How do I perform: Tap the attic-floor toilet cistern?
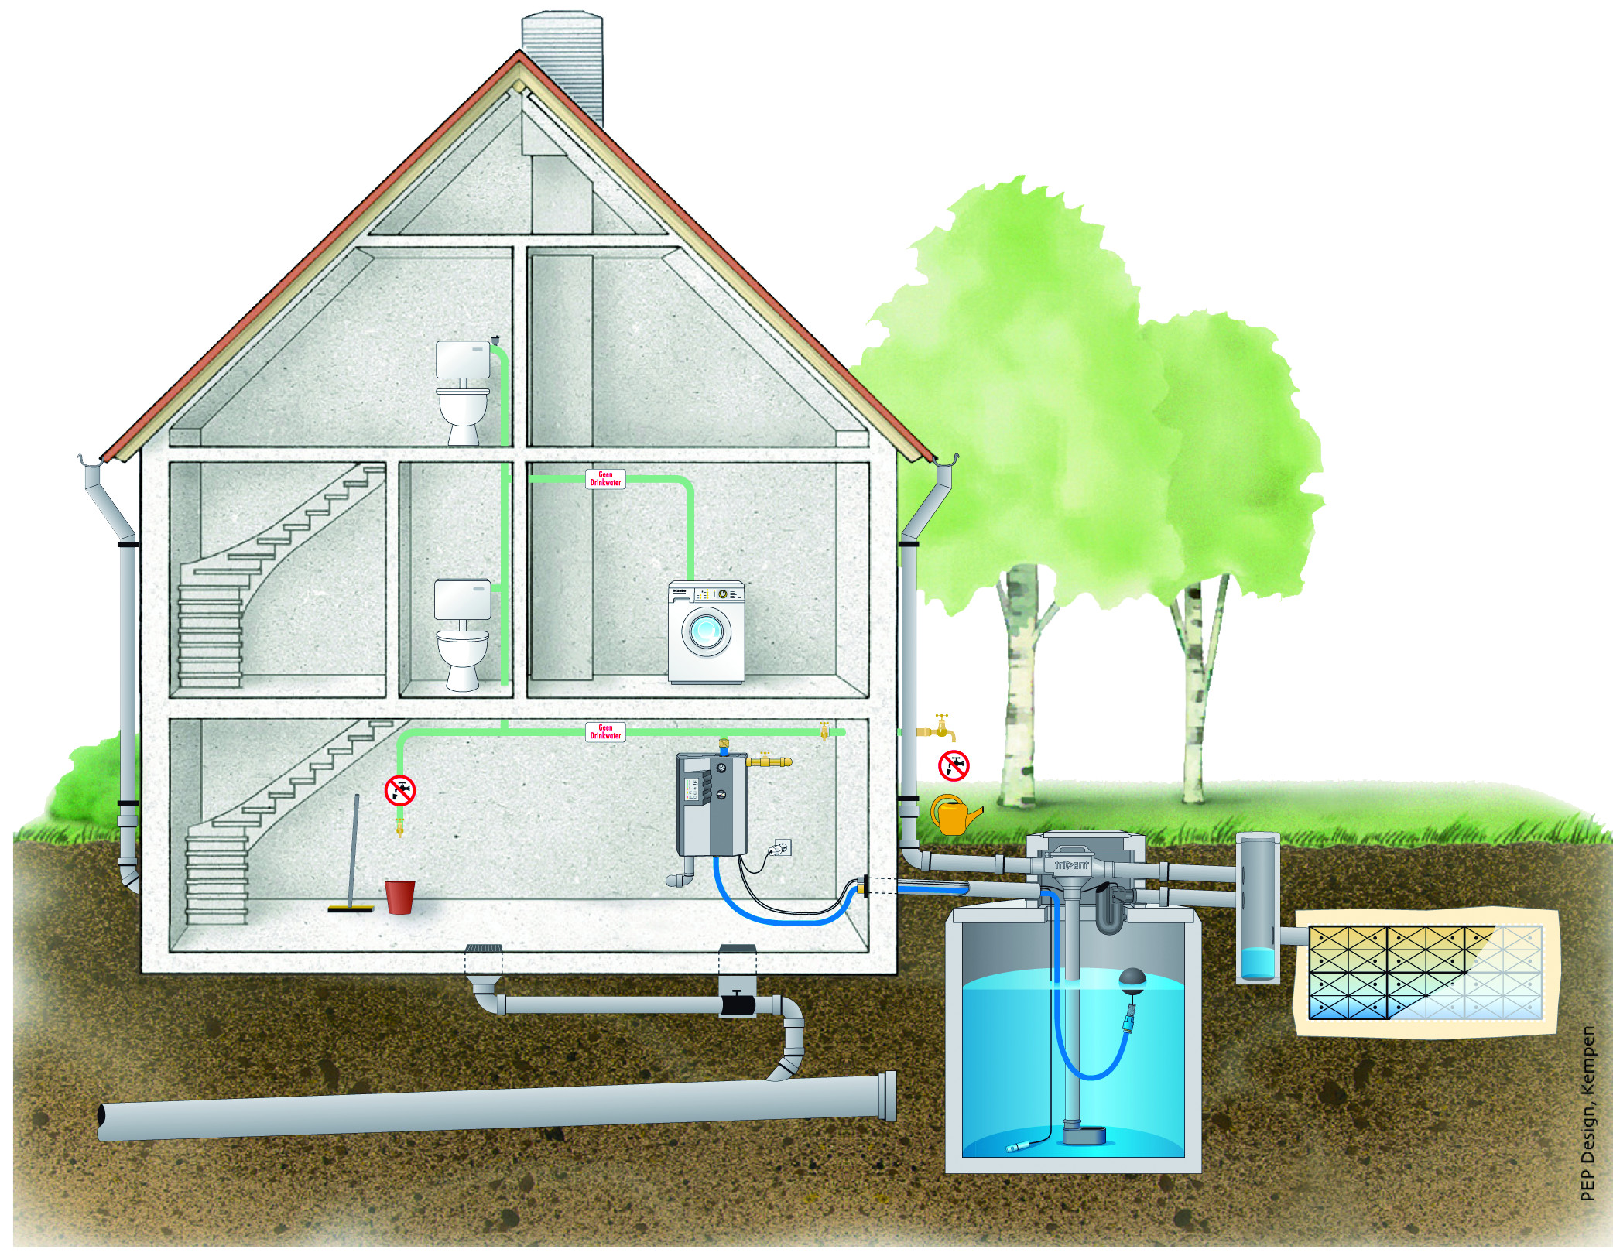(463, 359)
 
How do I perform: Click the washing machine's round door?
(706, 631)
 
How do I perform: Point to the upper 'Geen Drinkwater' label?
(605, 479)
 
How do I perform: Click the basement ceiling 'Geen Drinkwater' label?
(605, 732)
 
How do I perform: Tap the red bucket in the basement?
(399, 896)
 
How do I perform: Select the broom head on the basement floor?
(350, 909)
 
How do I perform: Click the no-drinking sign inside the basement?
(400, 790)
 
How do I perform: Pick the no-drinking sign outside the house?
(954, 765)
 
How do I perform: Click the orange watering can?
(954, 816)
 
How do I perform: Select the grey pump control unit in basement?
(711, 804)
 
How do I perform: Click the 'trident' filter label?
(1071, 864)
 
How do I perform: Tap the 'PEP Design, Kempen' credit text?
(1587, 1114)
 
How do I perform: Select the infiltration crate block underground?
(1424, 972)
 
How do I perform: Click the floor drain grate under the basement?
(483, 949)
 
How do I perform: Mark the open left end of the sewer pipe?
(102, 1117)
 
